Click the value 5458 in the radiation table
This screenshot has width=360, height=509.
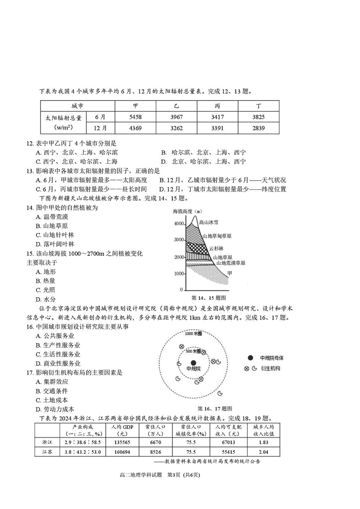click(x=135, y=117)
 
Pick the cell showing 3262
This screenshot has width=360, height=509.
click(x=176, y=128)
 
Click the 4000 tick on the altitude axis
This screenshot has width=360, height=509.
click(x=179, y=224)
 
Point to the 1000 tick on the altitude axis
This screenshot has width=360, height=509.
click(x=179, y=273)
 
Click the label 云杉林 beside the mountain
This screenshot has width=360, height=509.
click(x=216, y=248)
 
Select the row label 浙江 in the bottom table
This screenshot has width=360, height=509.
click(x=46, y=442)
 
